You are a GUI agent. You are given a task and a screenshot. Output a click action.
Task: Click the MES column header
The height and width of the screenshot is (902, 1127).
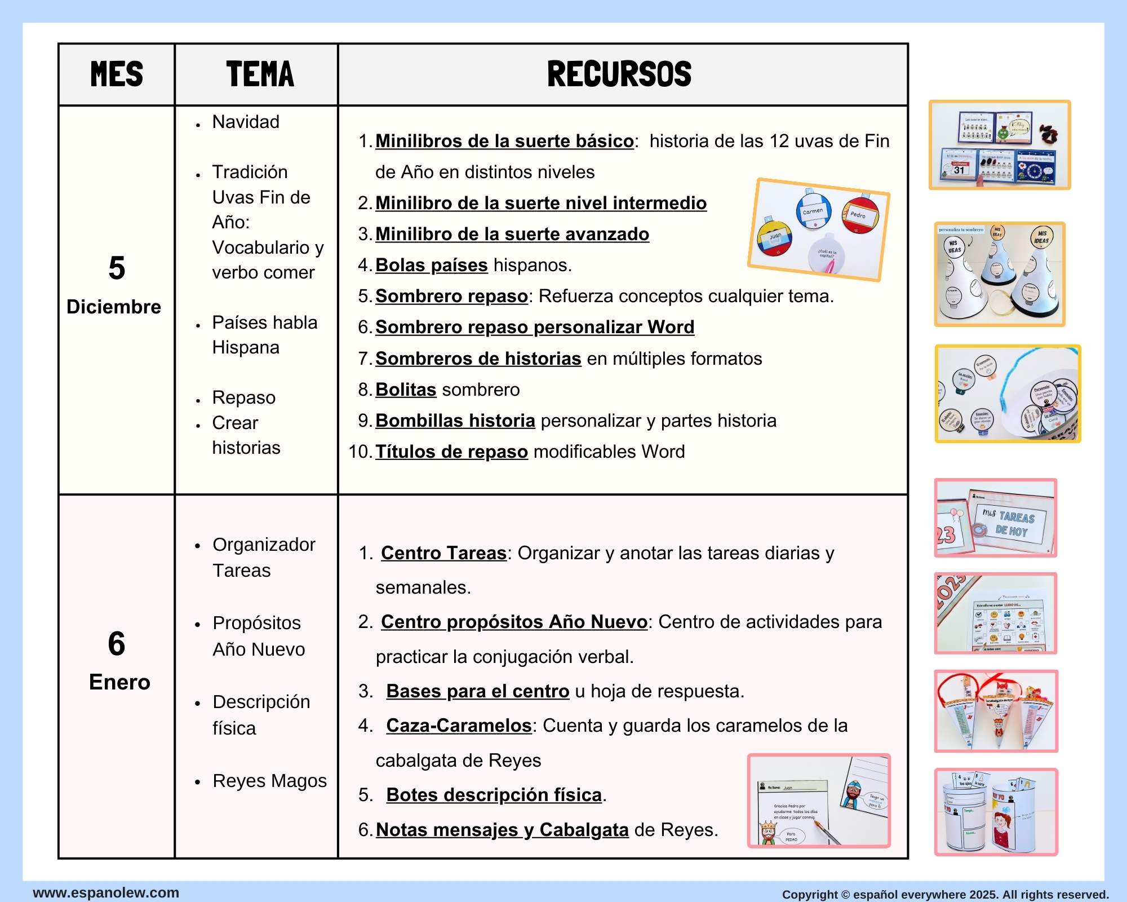pyautogui.click(x=117, y=74)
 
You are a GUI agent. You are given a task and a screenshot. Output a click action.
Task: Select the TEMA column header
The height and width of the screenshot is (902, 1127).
pyautogui.click(x=260, y=74)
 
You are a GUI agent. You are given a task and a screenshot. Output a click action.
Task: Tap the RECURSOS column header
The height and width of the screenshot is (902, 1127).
pyautogui.click(x=619, y=74)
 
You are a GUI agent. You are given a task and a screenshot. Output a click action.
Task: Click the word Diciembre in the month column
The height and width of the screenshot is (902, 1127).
pyautogui.click(x=114, y=307)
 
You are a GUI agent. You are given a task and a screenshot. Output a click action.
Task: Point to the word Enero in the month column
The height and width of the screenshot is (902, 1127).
pyautogui.click(x=119, y=682)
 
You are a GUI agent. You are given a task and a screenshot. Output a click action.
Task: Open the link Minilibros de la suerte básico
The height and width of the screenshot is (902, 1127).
pyautogui.click(x=504, y=141)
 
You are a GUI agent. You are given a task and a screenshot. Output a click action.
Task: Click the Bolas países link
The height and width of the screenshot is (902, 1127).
pyautogui.click(x=431, y=265)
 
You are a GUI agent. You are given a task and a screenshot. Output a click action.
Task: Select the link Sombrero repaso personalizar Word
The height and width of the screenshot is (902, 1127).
pyautogui.click(x=535, y=327)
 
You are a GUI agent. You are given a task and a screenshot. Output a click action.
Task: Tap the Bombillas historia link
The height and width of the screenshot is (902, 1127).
pyautogui.click(x=455, y=421)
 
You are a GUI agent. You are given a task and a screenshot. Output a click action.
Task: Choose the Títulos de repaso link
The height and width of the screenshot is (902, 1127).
pyautogui.click(x=451, y=452)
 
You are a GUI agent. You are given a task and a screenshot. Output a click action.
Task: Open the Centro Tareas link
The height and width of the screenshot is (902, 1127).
pyautogui.click(x=443, y=553)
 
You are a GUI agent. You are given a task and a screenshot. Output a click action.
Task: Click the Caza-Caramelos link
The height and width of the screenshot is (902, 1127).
pyautogui.click(x=459, y=726)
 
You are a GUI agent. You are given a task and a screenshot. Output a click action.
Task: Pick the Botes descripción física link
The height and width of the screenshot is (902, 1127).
pyautogui.click(x=494, y=795)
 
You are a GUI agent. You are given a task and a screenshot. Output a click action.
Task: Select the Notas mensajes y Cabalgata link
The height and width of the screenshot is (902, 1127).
pyautogui.click(x=502, y=830)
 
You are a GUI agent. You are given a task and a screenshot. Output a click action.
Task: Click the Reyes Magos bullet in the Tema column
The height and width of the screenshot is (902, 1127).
pyautogui.click(x=269, y=781)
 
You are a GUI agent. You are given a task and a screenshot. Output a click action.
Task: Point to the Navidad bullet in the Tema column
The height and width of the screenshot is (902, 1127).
pyautogui.click(x=246, y=122)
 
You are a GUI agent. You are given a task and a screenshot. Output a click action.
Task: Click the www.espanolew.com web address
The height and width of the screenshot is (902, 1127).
pyautogui.click(x=106, y=892)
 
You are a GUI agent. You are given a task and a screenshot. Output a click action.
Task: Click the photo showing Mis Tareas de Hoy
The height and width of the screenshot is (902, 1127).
pyautogui.click(x=996, y=518)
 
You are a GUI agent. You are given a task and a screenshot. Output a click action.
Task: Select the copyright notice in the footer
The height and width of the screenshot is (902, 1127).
pyautogui.click(x=945, y=895)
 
